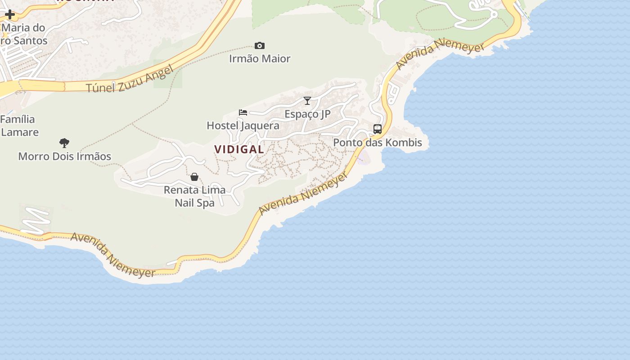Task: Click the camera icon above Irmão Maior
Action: [260, 45]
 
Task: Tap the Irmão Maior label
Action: [260, 58]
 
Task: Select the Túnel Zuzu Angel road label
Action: [130, 79]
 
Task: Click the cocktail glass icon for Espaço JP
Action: [307, 101]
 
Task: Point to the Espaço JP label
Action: [307, 114]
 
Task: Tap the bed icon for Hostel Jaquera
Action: [243, 112]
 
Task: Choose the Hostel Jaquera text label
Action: [243, 126]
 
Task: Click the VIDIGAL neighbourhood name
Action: [239, 149]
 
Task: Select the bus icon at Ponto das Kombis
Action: [378, 129]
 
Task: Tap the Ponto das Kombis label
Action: [378, 143]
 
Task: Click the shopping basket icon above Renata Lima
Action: [194, 177]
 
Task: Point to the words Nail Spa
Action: [194, 202]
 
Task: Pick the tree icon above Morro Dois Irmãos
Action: [64, 143]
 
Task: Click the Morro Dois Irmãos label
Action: [64, 157]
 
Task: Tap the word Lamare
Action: [20, 132]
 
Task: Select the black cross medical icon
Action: [10, 14]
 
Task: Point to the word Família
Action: [18, 119]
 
